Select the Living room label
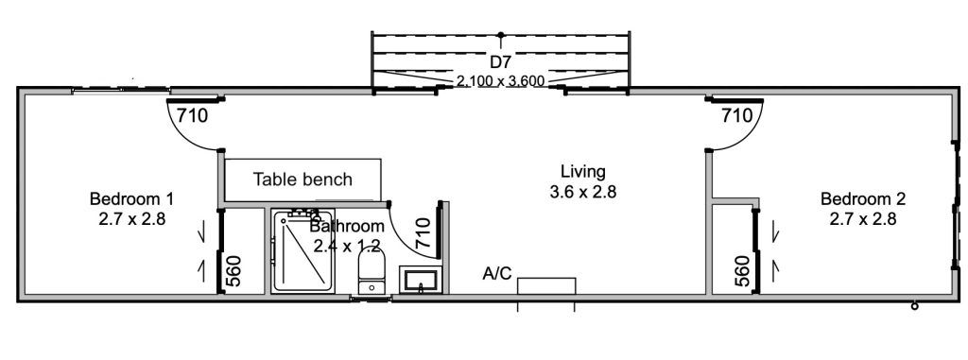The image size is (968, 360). pyautogui.click(x=582, y=172)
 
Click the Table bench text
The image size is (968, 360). pyautogui.click(x=302, y=180)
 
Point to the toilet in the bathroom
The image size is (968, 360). pyautogui.click(x=372, y=272)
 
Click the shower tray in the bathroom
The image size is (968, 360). pyautogui.click(x=303, y=251)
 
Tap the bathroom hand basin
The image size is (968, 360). pyautogui.click(x=421, y=281)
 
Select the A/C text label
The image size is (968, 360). pyautogui.click(x=497, y=274)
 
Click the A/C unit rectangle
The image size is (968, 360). pyautogui.click(x=546, y=286)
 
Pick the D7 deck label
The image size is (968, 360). pyautogui.click(x=501, y=61)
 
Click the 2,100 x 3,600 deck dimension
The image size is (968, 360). pyautogui.click(x=501, y=80)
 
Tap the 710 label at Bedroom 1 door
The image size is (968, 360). pyautogui.click(x=193, y=115)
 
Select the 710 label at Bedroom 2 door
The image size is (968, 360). pyautogui.click(x=737, y=115)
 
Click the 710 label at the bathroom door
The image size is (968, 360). pyautogui.click(x=424, y=232)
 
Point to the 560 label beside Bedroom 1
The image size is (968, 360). pyautogui.click(x=234, y=272)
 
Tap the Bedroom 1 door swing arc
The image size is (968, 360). pyautogui.click(x=182, y=136)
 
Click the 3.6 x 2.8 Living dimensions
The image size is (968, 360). pyautogui.click(x=582, y=192)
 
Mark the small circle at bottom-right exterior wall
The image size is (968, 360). pyautogui.click(x=915, y=305)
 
